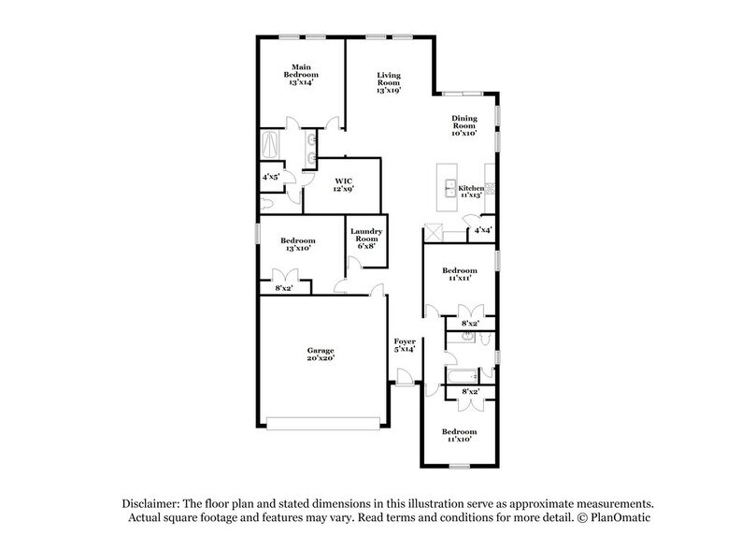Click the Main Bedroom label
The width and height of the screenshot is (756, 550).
(x=300, y=75)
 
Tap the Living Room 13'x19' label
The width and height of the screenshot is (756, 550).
(x=390, y=82)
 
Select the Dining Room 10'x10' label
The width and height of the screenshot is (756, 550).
(x=464, y=125)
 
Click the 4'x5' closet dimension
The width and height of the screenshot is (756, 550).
(x=271, y=176)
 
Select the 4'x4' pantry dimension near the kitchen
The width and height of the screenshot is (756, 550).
(x=482, y=229)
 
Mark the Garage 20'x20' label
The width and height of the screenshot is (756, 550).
(x=321, y=355)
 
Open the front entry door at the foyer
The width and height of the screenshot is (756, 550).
(x=403, y=378)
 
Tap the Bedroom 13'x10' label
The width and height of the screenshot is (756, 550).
(x=298, y=244)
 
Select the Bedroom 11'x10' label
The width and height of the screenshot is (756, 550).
(x=460, y=436)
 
